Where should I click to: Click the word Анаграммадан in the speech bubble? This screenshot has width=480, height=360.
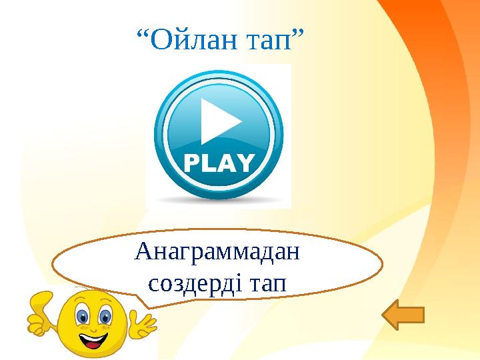(217, 252)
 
